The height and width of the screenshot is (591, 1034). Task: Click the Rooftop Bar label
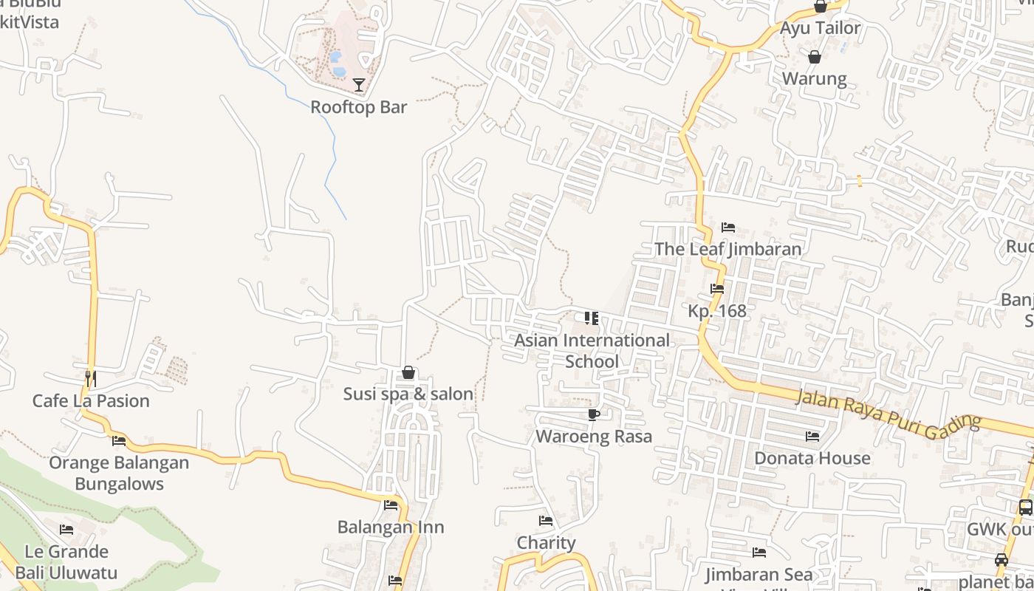[358, 107]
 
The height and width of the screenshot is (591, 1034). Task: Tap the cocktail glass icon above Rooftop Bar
[359, 85]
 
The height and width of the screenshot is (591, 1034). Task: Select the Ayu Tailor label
[821, 29]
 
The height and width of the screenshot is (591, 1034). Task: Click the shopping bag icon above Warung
[814, 57]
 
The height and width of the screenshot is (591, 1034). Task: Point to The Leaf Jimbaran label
[727, 249]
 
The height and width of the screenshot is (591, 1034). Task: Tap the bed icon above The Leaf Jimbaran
[727, 228]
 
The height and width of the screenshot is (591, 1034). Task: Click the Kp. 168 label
[717, 311]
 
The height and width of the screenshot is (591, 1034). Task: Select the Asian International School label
[592, 350]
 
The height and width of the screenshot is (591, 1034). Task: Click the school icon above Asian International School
[592, 318]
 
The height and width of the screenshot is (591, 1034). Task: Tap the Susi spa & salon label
[408, 394]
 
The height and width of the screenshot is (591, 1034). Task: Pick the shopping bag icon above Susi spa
[408, 373]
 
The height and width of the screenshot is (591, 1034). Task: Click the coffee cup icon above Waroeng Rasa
[593, 414]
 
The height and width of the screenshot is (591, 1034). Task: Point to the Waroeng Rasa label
[594, 437]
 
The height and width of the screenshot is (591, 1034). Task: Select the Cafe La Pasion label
[91, 401]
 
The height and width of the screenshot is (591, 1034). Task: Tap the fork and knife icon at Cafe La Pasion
[90, 378]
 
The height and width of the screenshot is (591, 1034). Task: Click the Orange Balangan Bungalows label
[119, 474]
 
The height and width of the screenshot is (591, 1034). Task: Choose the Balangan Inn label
[391, 527]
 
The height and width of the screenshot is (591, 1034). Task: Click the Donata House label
[812, 458]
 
